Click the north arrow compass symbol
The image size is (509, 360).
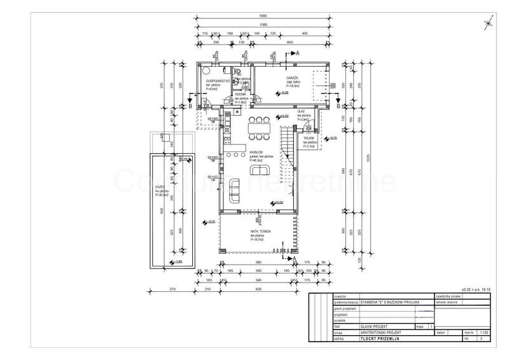coord(487,24)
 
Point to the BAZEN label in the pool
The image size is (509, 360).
coord(159,187)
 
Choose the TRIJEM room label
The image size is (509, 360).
coord(310,137)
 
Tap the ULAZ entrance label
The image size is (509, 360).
coord(300,111)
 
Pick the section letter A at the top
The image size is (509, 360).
coord(296,53)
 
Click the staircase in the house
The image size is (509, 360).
coord(288,156)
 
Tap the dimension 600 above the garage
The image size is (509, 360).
coord(289,43)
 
